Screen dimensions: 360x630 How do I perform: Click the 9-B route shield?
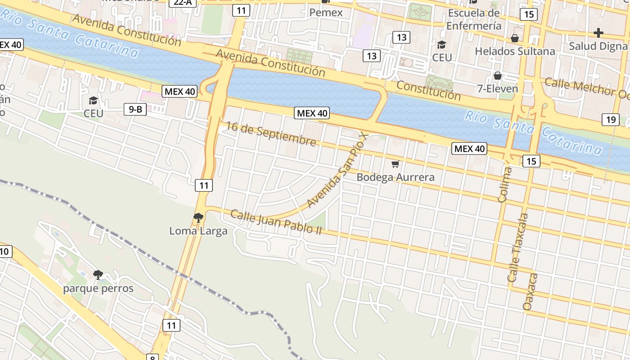135,109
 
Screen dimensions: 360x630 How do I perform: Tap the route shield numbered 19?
610,120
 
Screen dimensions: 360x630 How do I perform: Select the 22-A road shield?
183,2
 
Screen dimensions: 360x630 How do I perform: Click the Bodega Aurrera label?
396,177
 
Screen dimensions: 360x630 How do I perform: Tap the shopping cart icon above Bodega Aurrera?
395,164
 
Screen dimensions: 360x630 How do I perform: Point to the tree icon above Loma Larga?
198,218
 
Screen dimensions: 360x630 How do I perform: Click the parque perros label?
98,288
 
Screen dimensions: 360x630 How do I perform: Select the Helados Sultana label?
515,51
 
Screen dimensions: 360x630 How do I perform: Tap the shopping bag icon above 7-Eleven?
498,76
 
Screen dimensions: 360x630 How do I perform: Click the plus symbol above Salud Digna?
598,33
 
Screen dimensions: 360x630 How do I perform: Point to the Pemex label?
326,13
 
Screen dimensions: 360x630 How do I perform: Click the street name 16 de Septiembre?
271,134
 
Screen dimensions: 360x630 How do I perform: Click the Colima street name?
506,184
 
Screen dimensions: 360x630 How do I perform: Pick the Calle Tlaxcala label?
518,247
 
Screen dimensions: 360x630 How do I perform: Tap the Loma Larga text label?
198,231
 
